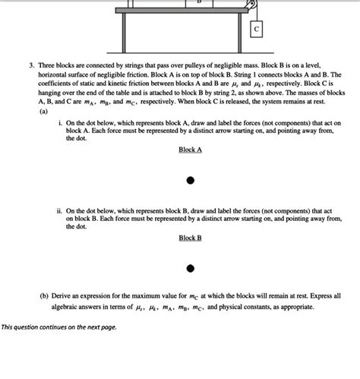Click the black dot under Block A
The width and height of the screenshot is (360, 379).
point(191,180)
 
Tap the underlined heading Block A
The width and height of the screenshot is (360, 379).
point(190,150)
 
